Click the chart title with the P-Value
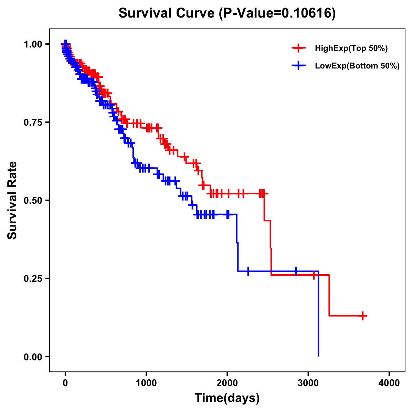[x=227, y=13]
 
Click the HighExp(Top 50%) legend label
[x=351, y=49]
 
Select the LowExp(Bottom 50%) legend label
[x=357, y=66]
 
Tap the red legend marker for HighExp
[x=298, y=49]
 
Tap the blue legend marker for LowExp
[x=298, y=66]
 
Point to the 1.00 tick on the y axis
[x=33, y=44]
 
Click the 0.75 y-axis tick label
[x=33, y=123]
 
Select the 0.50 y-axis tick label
[x=33, y=201]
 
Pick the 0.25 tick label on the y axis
[x=33, y=279]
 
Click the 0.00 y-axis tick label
[x=33, y=357]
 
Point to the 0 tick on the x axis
[x=65, y=383]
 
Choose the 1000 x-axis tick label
[x=146, y=383]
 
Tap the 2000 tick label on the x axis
[x=227, y=383]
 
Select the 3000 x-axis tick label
[x=308, y=383]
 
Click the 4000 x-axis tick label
[x=389, y=383]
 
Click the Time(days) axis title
[x=227, y=398]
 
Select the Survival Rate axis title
[x=12, y=200]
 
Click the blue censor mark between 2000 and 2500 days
[x=248, y=271]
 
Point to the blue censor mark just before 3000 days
[x=296, y=271]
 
